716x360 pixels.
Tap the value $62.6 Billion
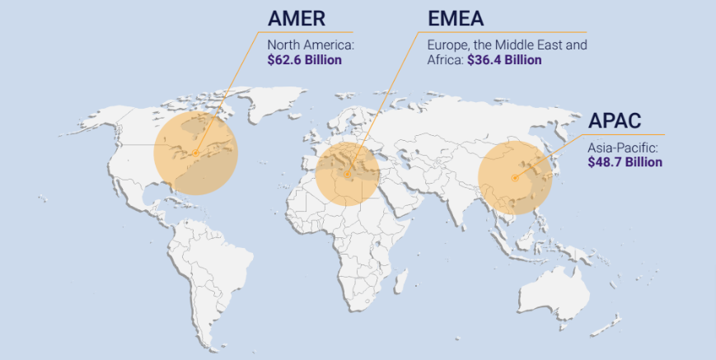[306, 60]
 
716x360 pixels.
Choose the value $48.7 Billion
[625, 162]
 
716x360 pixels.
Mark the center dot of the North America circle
[195, 152]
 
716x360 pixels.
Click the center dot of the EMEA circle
[348, 174]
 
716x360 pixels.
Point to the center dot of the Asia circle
[514, 177]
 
